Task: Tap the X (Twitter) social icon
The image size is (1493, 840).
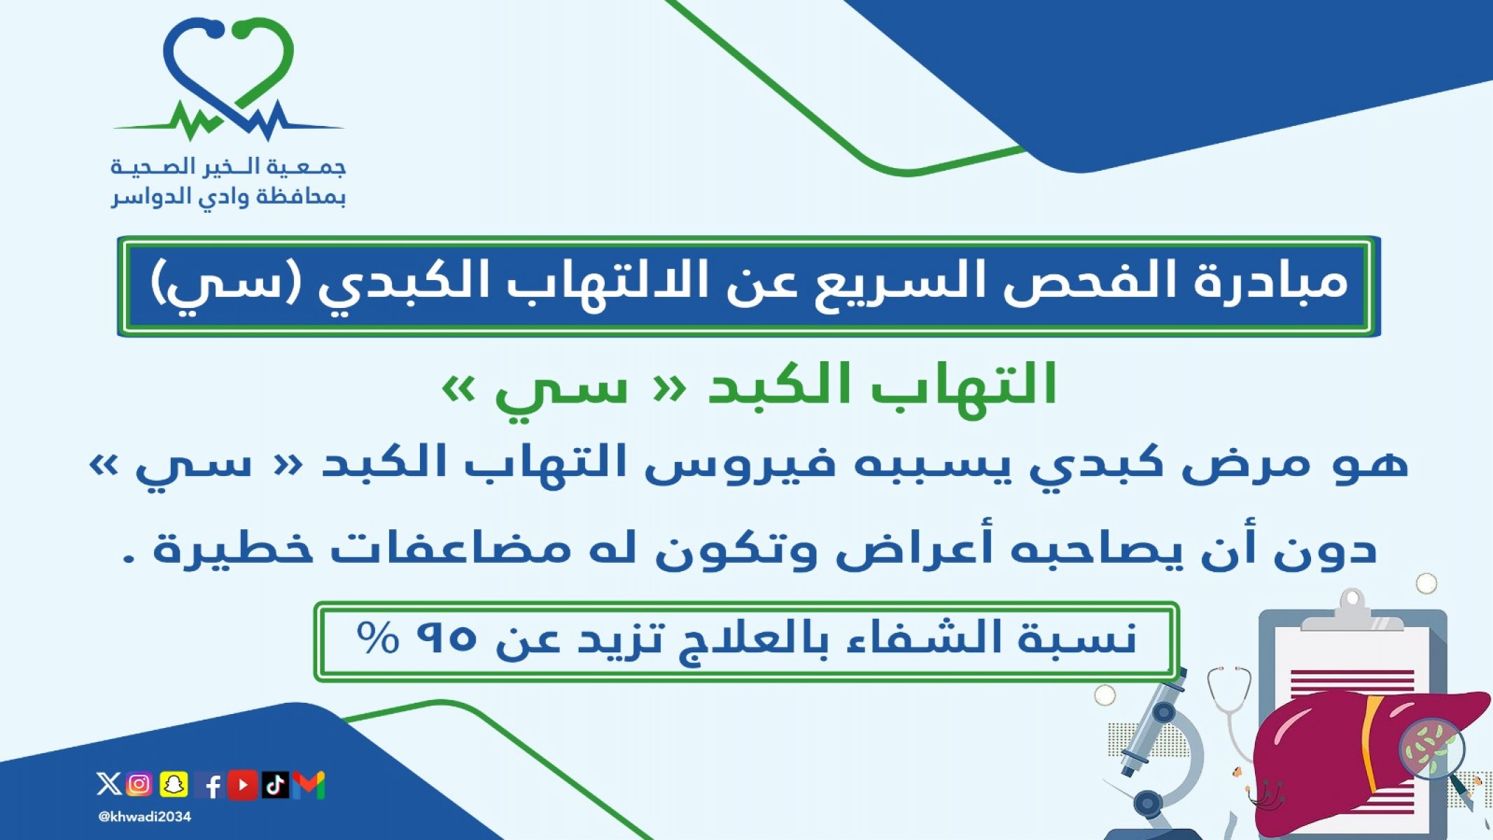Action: pos(108,784)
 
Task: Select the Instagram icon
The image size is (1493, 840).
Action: pos(139,784)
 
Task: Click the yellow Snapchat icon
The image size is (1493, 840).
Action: pos(174,784)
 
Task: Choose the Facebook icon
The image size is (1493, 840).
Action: pos(210,785)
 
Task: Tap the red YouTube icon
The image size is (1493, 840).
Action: pos(243,784)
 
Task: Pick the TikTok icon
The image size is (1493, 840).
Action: pos(275,784)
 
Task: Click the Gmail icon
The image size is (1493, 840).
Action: pos(309,785)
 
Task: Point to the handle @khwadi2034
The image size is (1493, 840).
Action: pos(145,817)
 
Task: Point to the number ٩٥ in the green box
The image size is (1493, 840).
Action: pos(446,637)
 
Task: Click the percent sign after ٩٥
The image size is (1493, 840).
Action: pos(378,637)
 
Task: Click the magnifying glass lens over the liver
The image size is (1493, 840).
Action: pos(1431,747)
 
